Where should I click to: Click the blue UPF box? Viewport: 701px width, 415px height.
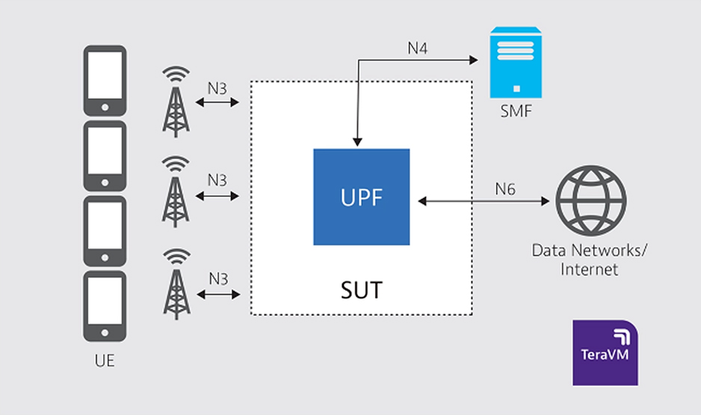tap(361, 197)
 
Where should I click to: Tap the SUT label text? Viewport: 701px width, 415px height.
tap(361, 290)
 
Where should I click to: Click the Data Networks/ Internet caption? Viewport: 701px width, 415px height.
tap(590, 259)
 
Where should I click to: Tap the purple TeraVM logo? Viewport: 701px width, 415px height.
tap(605, 353)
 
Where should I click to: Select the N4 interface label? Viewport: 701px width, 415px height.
tap(418, 50)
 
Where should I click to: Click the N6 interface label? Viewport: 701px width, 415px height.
tap(506, 190)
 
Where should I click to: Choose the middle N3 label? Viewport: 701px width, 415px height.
tap(217, 180)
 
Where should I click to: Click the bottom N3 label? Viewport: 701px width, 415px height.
tap(217, 279)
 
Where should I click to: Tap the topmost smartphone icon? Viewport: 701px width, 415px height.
tap(104, 81)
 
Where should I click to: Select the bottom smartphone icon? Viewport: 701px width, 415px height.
tap(104, 307)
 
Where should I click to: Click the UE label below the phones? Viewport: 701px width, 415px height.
tap(105, 363)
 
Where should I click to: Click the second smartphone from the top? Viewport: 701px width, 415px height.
tap(104, 156)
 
